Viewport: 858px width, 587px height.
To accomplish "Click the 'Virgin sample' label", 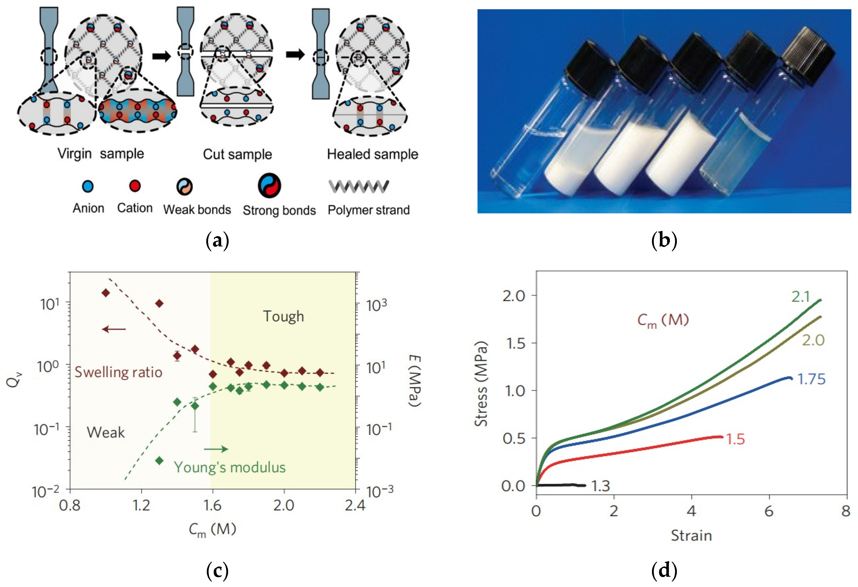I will click(x=100, y=154).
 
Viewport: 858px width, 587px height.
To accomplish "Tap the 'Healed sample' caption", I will click(x=372, y=154).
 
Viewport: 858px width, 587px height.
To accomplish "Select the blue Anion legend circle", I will click(x=88, y=186).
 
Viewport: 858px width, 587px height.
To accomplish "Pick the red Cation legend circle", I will click(x=135, y=186).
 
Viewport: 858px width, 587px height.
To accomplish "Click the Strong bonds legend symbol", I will click(x=269, y=186).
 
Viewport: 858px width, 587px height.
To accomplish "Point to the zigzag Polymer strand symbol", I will click(x=358, y=186).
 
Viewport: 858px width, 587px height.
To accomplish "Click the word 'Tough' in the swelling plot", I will click(x=284, y=316).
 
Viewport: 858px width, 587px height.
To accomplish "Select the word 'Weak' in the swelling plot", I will click(x=106, y=432).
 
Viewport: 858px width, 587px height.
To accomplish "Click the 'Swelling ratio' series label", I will click(x=118, y=372).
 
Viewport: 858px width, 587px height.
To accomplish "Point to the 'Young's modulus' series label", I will click(x=230, y=467).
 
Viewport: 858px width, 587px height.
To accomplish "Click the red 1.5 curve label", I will click(x=735, y=439).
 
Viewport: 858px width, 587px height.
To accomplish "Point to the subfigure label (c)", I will click(x=217, y=571).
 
